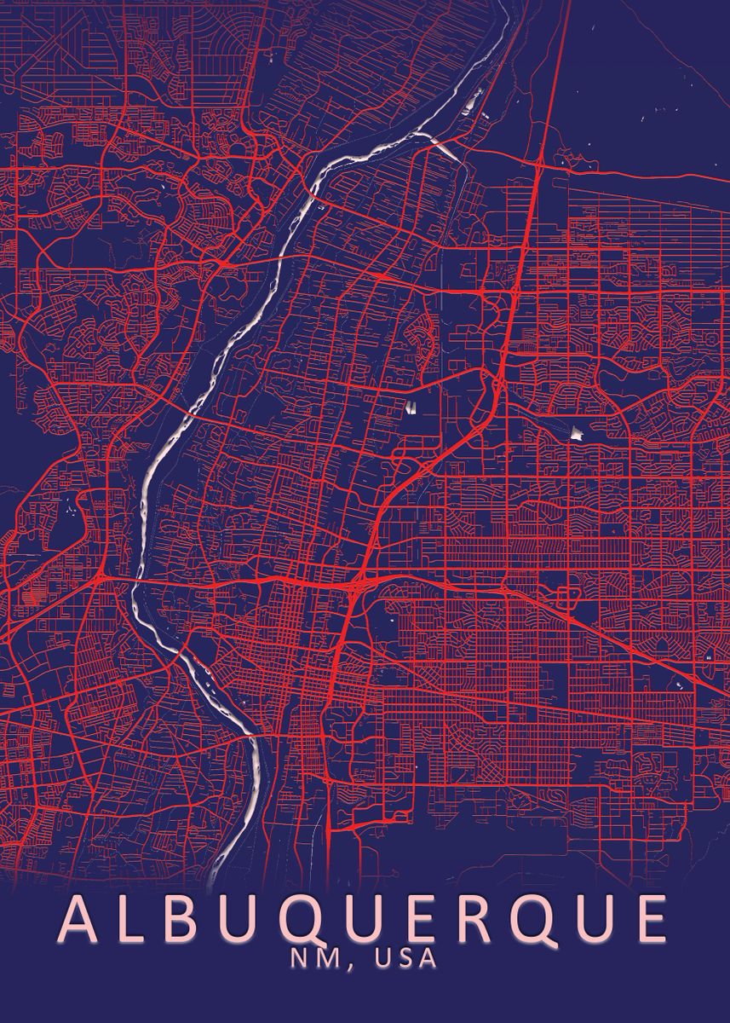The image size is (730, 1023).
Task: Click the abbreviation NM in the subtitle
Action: tap(308, 957)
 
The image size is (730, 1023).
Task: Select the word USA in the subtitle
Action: tap(404, 957)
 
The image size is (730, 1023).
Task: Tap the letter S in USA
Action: tap(404, 957)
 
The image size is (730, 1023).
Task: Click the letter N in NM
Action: tap(296, 957)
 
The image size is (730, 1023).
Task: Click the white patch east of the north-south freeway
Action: tap(576, 433)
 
